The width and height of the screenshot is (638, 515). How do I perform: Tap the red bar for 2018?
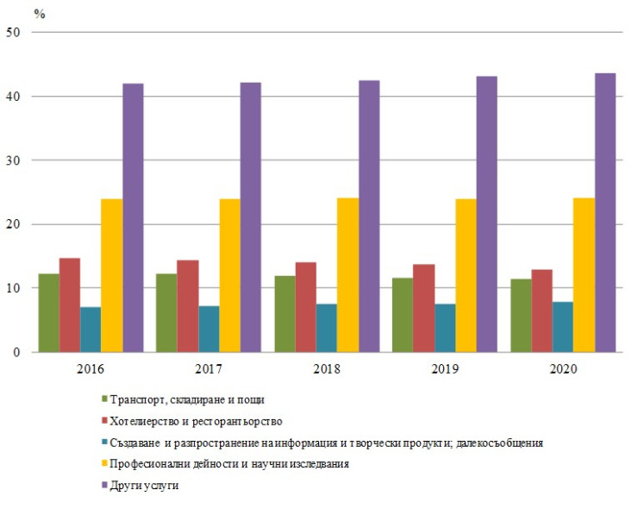tap(305, 307)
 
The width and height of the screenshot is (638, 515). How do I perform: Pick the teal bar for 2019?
tap(445, 328)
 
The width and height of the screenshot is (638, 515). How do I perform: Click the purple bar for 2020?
tap(605, 212)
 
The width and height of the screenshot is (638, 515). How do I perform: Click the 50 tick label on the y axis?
tap(15, 33)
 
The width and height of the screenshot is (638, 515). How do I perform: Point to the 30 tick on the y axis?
tap(15, 160)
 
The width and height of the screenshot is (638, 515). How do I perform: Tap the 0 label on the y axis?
tap(18, 352)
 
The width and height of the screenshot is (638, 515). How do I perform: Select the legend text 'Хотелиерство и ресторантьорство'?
tap(197, 421)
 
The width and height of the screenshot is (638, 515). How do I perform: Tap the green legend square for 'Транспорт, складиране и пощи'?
tap(104, 399)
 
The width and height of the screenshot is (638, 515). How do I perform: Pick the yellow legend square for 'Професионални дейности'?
tap(104, 464)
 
